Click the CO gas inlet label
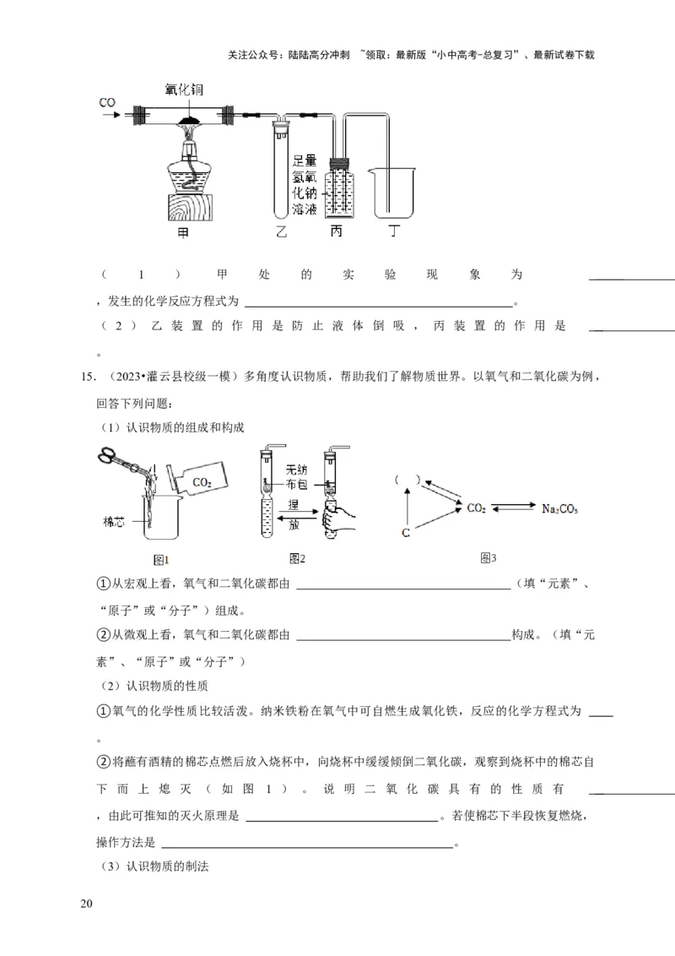pyautogui.click(x=107, y=103)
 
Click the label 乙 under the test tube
pyautogui.click(x=281, y=231)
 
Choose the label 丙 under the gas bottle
pyautogui.click(x=337, y=231)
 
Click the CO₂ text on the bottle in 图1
pyautogui.click(x=202, y=482)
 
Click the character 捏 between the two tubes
pyautogui.click(x=294, y=503)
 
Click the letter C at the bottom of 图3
pyautogui.click(x=406, y=533)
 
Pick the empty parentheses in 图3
pyautogui.click(x=406, y=480)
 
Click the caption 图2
pyautogui.click(x=297, y=558)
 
